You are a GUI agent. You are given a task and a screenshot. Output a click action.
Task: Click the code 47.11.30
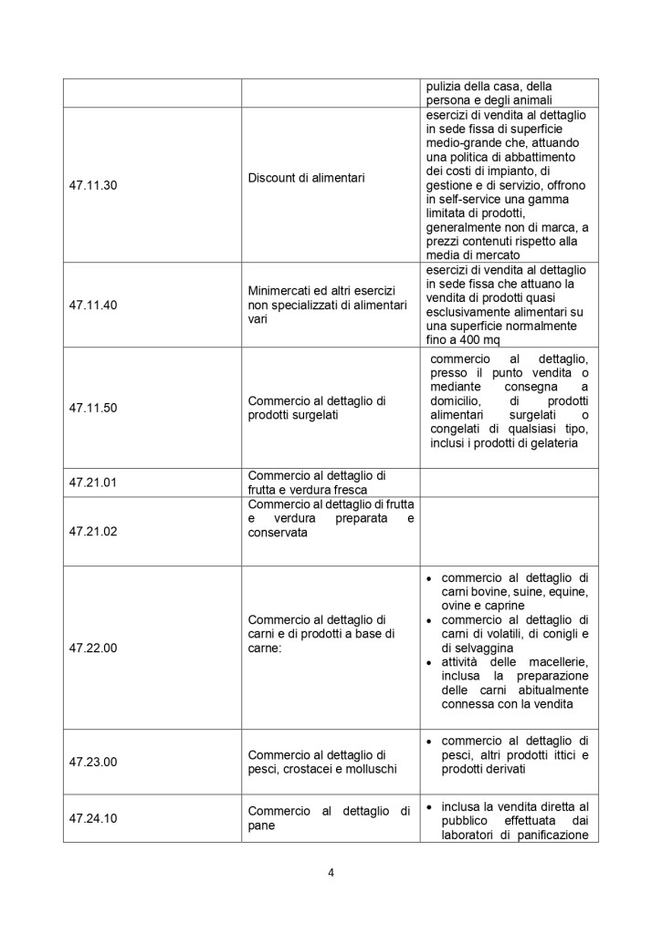point(91,184)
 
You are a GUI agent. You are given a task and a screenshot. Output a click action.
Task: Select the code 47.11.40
point(91,303)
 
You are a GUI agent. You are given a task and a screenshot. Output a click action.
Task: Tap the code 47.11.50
point(91,408)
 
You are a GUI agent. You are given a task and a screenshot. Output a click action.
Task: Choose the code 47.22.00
point(91,649)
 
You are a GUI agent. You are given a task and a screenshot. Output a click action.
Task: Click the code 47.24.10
point(91,818)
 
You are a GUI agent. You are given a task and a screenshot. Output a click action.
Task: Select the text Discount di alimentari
point(306,177)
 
